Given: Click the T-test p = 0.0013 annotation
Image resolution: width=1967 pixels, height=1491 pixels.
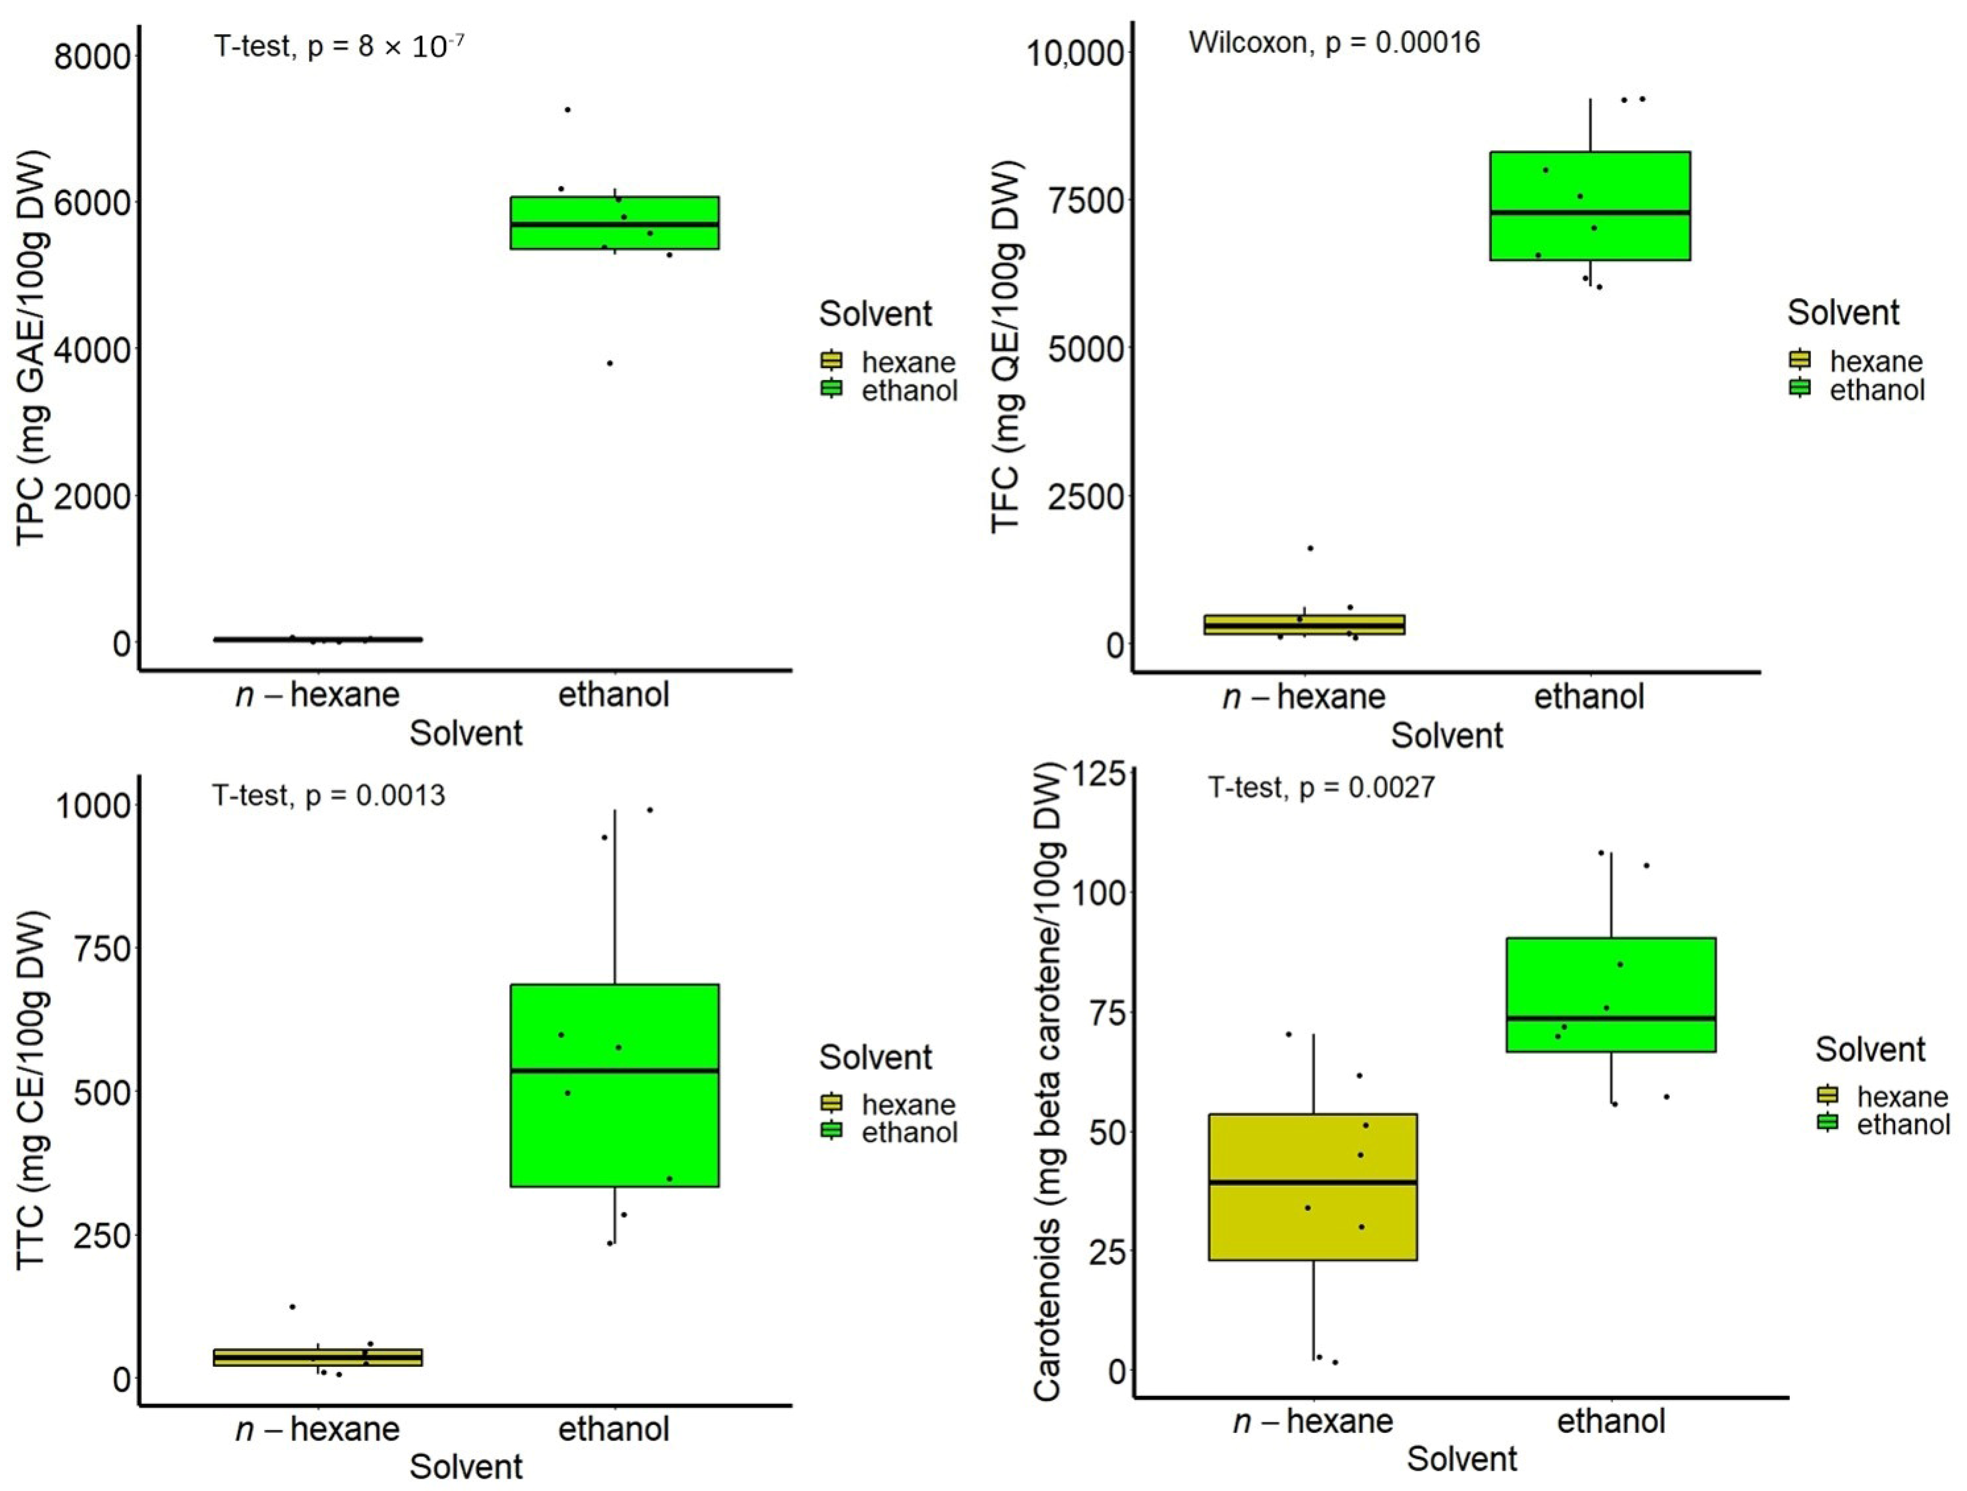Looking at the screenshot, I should [328, 794].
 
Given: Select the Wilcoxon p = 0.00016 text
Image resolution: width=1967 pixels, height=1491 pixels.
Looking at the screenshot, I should [1334, 43].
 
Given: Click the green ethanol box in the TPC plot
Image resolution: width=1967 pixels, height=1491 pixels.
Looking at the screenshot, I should [614, 223].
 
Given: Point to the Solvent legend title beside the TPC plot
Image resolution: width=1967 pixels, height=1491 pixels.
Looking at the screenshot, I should [875, 314].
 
